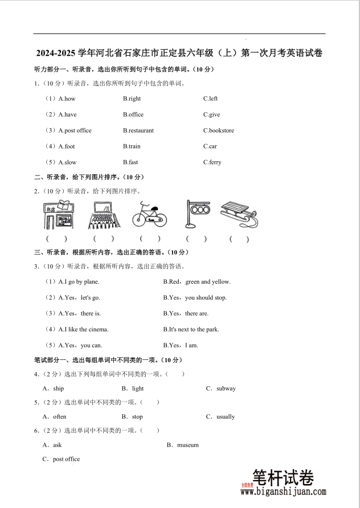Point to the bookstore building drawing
[x=57, y=214]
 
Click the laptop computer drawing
[x=103, y=214]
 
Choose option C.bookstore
[x=219, y=130]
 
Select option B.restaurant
[x=138, y=130]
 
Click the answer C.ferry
[x=212, y=162]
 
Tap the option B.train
[x=132, y=146]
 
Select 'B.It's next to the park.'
[x=191, y=329]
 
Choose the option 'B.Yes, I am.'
[x=180, y=345]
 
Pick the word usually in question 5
[x=226, y=416]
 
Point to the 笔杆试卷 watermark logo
[x=283, y=477]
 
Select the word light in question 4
[x=138, y=388]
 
